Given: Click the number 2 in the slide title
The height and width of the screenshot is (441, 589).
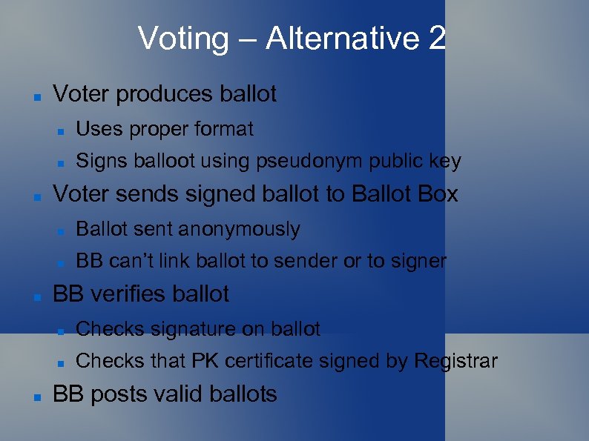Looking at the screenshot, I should point(436,39).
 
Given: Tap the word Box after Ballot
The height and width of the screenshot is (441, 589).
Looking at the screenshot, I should point(438,194).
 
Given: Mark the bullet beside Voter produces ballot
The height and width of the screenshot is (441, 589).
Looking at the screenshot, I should point(36,96).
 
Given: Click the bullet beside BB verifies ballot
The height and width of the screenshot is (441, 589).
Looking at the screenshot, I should point(36,296).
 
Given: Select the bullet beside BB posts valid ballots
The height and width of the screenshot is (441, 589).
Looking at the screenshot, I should point(36,396).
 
